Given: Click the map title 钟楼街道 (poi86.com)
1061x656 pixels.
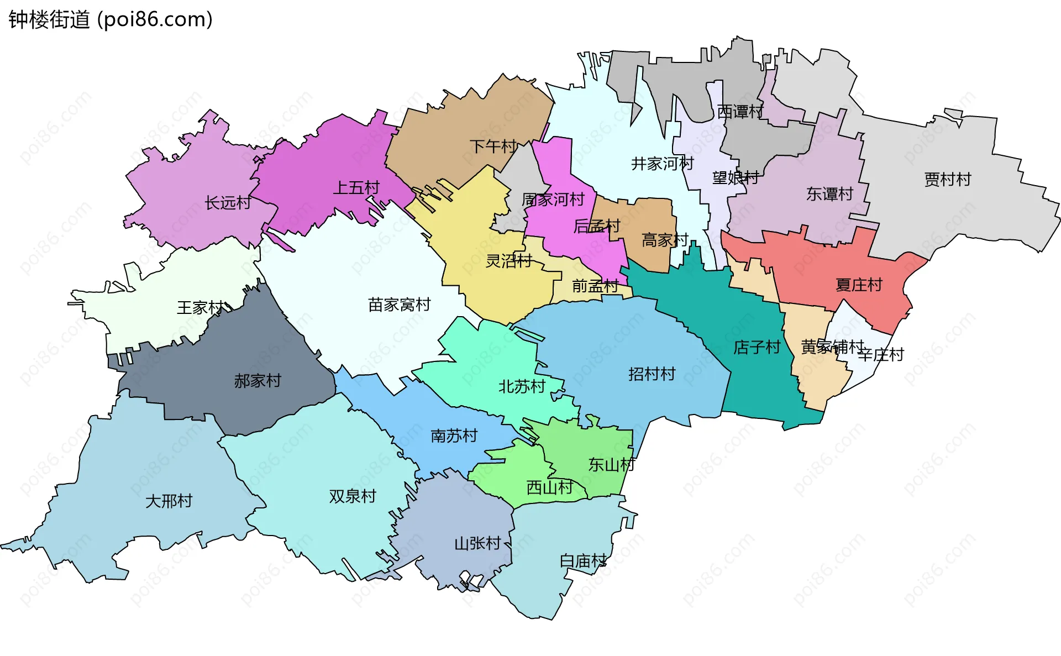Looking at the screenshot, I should (x=111, y=20).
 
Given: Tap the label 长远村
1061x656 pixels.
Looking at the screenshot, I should (x=228, y=203).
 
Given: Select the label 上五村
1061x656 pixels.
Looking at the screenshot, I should (x=356, y=188).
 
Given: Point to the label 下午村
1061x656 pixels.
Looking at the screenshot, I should (x=493, y=146).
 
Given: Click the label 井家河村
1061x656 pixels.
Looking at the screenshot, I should (x=662, y=164).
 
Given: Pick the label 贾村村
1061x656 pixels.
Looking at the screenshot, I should (x=947, y=180).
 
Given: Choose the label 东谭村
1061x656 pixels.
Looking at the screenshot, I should (x=829, y=194).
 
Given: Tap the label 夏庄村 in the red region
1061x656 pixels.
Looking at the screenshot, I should (x=859, y=285).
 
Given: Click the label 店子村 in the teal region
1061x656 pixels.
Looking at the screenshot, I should (x=757, y=348).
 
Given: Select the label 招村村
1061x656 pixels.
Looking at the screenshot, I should (x=652, y=374).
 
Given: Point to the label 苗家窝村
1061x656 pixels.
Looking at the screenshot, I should (x=399, y=305).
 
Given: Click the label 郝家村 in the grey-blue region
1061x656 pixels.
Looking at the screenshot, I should (x=258, y=381).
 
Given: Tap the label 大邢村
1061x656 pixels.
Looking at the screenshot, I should (x=169, y=501).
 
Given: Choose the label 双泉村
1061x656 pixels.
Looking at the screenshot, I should (x=352, y=496).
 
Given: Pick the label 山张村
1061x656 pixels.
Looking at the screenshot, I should (x=477, y=544).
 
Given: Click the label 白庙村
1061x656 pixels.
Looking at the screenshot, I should (x=583, y=561).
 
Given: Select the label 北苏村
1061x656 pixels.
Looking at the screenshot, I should (x=522, y=387).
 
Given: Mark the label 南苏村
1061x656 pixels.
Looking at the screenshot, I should (x=454, y=436).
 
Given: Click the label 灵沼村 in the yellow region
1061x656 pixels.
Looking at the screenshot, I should (x=508, y=261).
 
